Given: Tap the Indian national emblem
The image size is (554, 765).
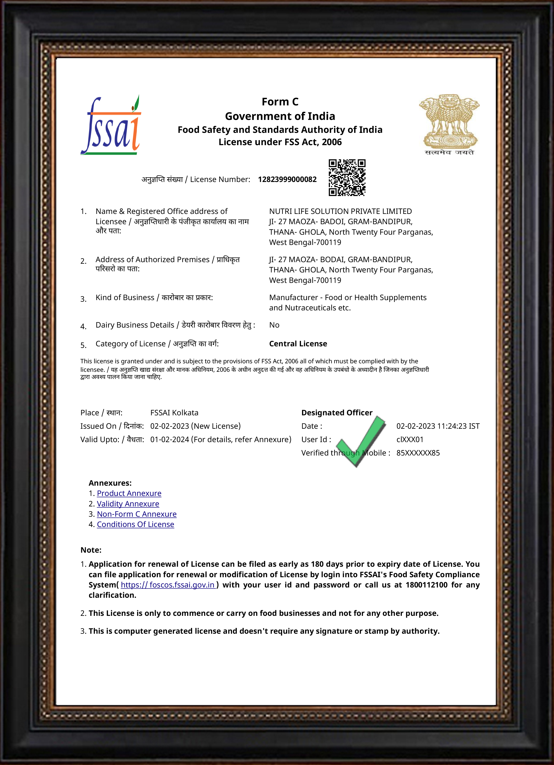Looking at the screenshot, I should (449, 124).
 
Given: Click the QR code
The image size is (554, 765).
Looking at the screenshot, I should (347, 178).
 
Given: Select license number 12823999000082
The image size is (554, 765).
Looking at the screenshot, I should (287, 180).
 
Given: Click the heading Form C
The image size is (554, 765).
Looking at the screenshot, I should (280, 102).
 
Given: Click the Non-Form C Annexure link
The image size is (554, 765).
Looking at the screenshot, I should (137, 514).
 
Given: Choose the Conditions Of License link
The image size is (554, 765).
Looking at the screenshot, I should (135, 525).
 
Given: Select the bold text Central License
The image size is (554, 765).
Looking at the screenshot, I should (298, 344).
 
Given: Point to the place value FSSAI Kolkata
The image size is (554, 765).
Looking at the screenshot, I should (174, 413).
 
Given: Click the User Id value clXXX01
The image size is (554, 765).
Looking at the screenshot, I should (410, 439).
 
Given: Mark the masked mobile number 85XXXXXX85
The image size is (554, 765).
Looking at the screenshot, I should (418, 453).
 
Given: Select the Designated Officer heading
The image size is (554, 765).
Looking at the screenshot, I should (337, 413).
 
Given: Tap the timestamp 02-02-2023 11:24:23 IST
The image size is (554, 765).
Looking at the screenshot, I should (438, 426).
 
